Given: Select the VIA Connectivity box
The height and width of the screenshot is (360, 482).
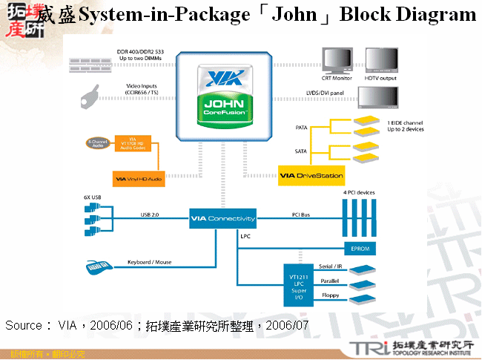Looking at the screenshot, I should (x=222, y=218).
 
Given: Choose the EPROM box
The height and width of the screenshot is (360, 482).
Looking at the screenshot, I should (x=363, y=248).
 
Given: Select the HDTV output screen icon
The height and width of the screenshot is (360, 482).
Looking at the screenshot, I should (x=380, y=61).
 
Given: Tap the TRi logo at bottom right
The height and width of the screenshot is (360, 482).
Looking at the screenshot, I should (x=365, y=346).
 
